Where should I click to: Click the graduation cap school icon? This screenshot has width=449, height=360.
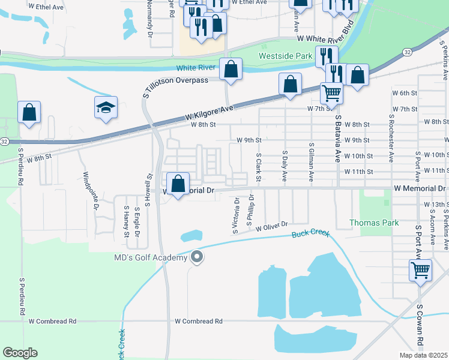tap(106, 108)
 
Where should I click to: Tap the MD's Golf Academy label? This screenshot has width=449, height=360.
tap(150, 258)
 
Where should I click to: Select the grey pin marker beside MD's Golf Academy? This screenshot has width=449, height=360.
tap(197, 258)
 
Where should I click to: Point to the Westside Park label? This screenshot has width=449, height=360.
tap(286, 56)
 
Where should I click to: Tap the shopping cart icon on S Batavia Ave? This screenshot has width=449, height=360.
tap(331, 93)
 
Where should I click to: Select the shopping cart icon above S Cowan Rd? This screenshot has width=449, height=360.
tap(420, 269)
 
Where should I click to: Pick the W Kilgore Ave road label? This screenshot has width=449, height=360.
tap(208, 109)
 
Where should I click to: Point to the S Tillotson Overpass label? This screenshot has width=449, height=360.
tap(176, 80)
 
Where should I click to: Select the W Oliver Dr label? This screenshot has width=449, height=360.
tap(272, 228)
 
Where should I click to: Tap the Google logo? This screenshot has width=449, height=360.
tap(20, 353)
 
